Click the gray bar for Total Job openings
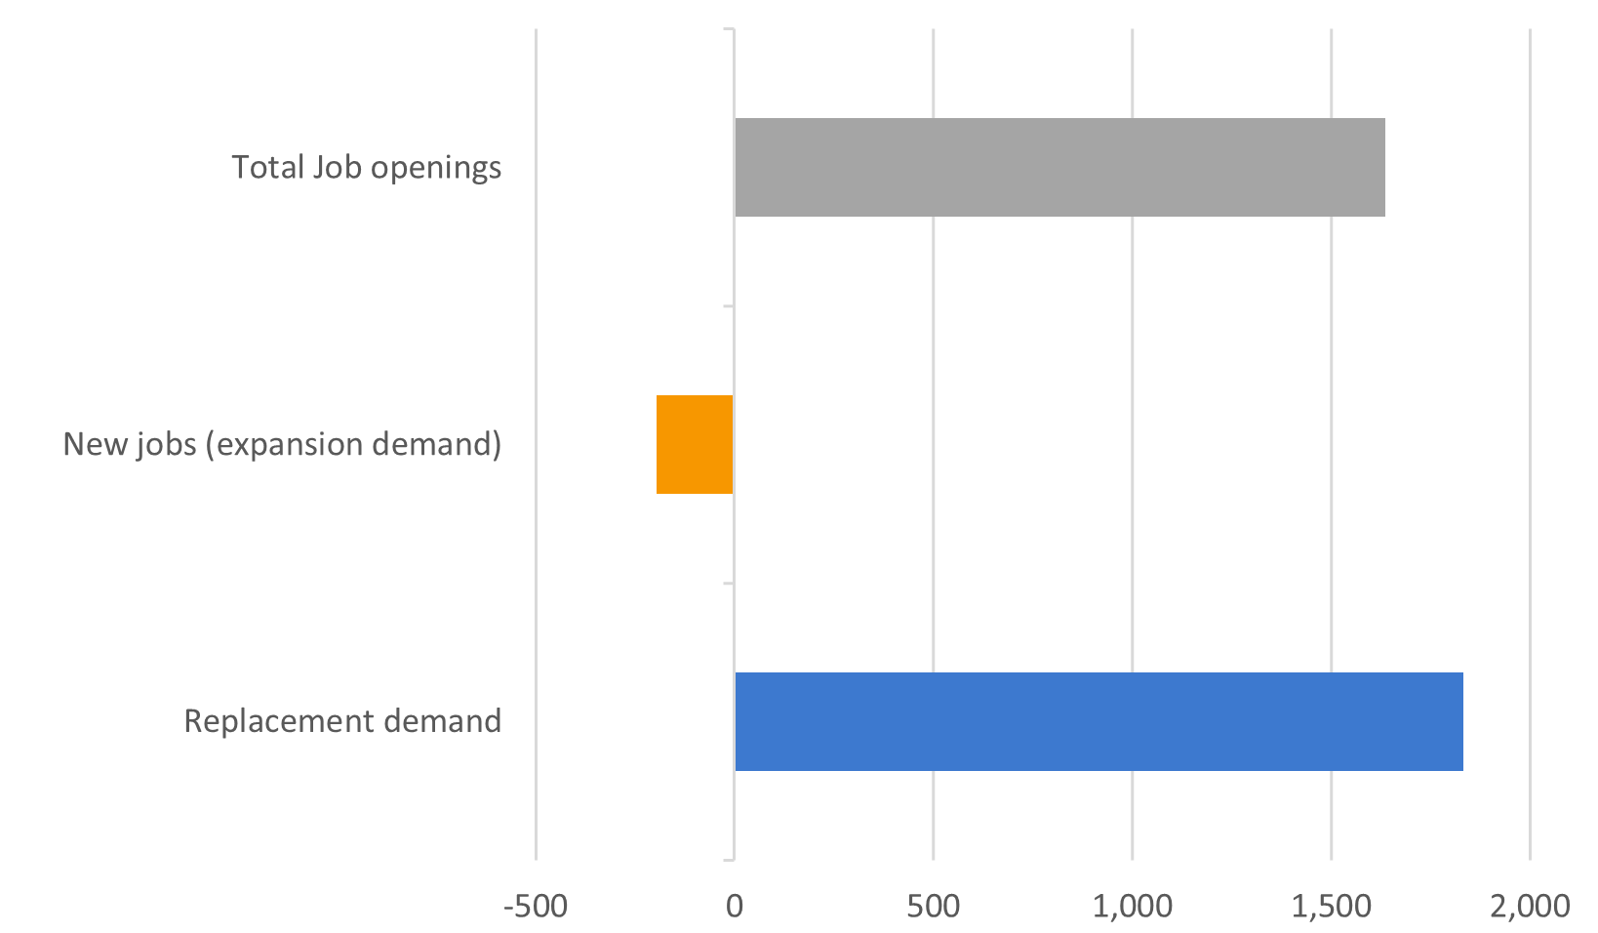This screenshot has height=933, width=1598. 1059,167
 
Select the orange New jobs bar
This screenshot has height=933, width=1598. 695,444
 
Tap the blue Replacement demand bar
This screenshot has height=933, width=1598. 1099,721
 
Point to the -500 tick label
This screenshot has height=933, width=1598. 536,907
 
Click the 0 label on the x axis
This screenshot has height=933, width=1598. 734,907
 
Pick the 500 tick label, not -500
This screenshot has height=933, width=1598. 933,907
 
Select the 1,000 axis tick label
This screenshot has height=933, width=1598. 1132,907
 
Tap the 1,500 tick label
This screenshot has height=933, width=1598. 1331,907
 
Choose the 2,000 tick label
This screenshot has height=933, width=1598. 1530,907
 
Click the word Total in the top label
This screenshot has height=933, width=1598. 267,167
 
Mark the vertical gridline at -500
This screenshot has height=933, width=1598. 536,293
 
